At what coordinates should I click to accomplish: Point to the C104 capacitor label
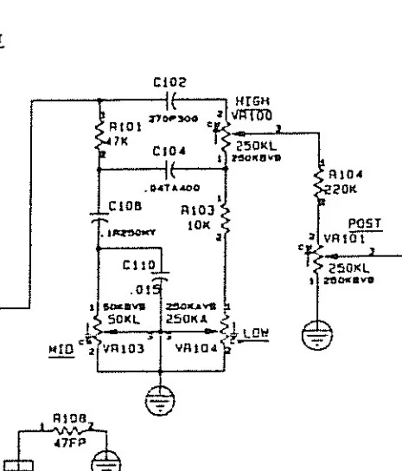coord(163,150)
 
